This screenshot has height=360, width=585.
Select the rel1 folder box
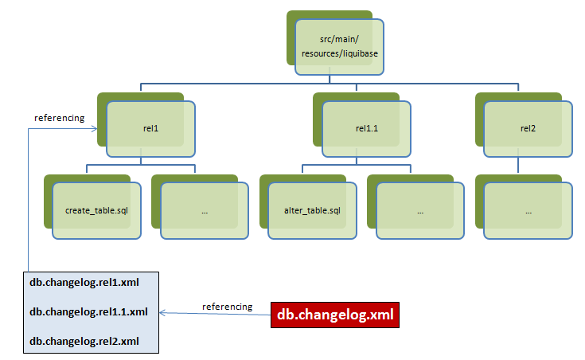(x=151, y=128)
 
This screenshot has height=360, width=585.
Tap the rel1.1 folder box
(x=367, y=128)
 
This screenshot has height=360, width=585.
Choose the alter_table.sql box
(x=312, y=211)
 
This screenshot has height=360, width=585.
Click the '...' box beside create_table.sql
(x=205, y=211)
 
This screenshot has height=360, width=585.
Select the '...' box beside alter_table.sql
(x=420, y=211)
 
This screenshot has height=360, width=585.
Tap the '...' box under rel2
(x=528, y=211)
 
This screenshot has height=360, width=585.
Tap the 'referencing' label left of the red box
(x=227, y=307)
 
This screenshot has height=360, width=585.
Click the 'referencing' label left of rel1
(x=59, y=118)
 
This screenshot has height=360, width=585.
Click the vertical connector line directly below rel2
(x=518, y=165)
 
